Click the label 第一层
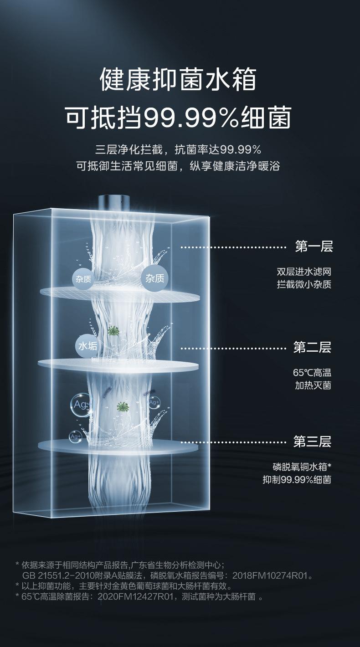314,247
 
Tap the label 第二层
312,348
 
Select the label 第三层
312,441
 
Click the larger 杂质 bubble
155,278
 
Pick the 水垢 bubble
88,346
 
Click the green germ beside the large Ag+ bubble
121,406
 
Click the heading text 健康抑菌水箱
179,79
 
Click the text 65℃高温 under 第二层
312,372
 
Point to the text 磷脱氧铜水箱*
302,467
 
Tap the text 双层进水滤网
303,272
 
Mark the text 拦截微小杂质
303,285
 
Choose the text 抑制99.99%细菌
297,479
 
